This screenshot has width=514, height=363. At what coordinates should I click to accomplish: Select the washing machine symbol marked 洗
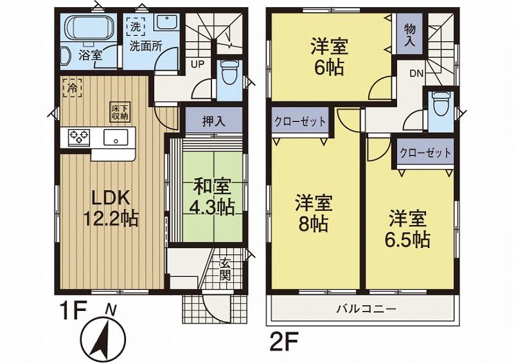click(135, 27)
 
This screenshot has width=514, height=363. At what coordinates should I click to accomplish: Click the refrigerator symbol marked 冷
click(72, 87)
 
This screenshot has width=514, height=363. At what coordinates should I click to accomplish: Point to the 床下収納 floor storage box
click(117, 112)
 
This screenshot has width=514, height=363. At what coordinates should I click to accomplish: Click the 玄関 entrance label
click(226, 269)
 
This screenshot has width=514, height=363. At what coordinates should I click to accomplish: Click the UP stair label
click(197, 63)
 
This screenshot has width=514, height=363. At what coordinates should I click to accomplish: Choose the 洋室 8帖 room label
click(313, 213)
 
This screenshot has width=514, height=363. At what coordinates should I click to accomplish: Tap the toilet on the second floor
click(441, 103)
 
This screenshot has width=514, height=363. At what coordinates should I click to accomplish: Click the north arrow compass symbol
click(105, 332)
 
